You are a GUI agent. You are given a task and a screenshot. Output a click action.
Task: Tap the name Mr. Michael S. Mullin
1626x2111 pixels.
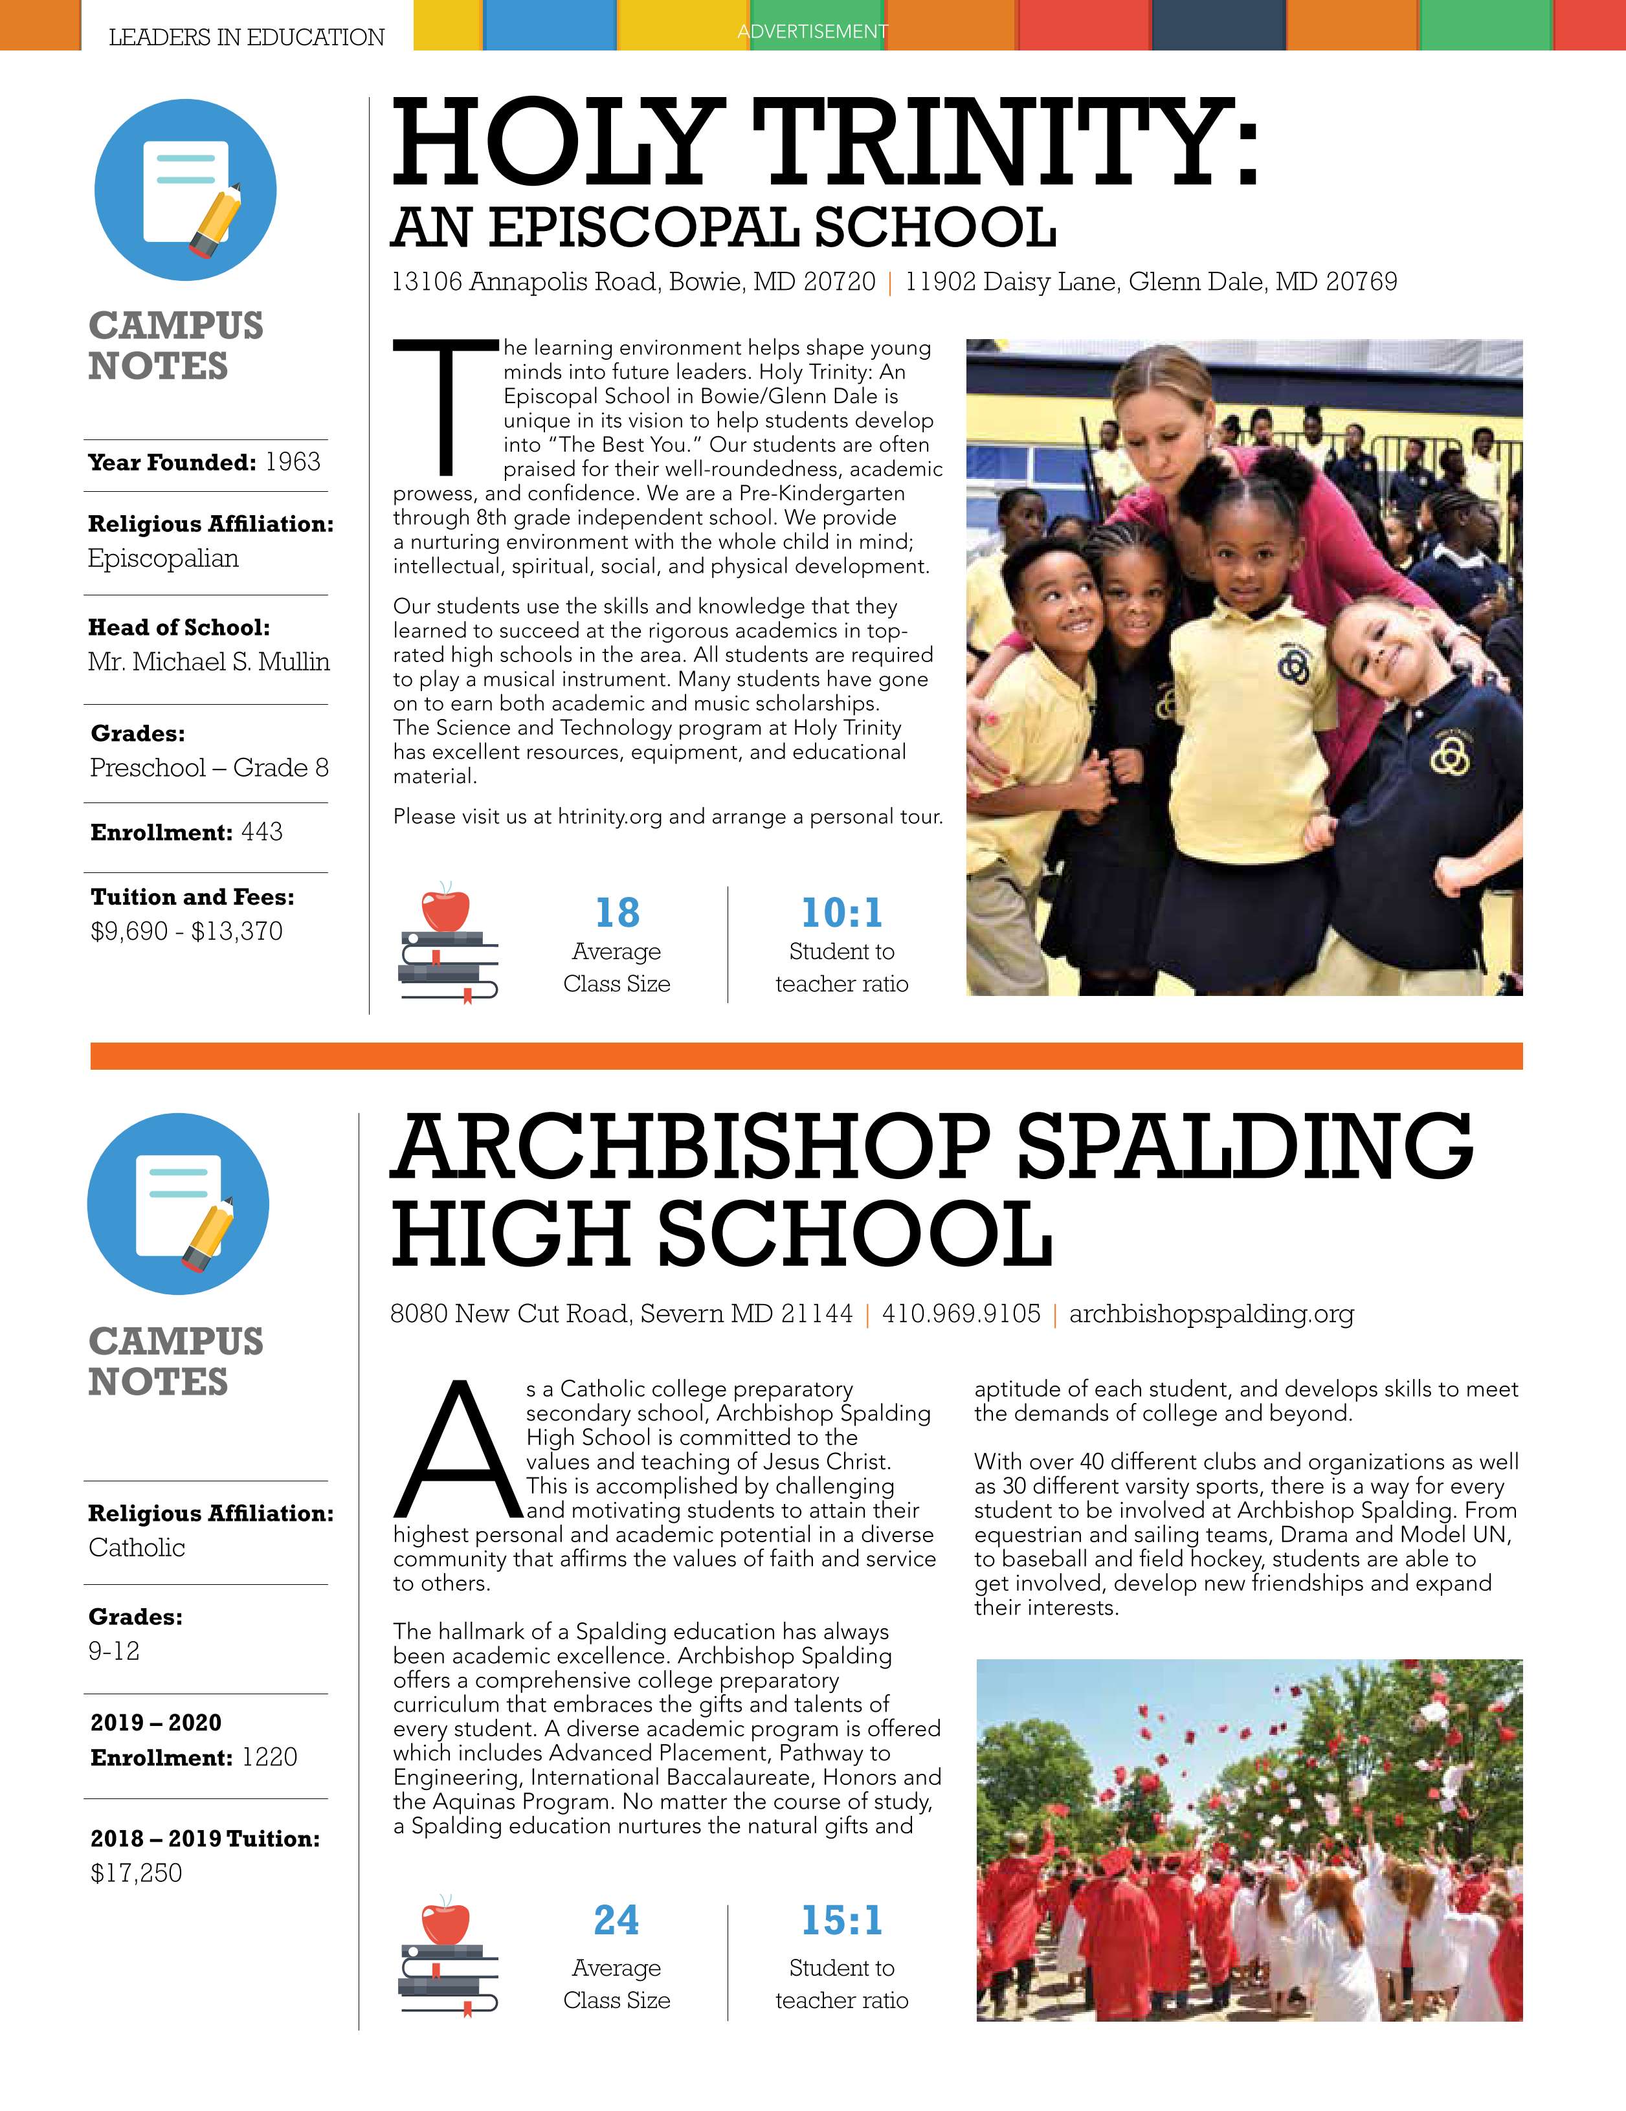tap(209, 661)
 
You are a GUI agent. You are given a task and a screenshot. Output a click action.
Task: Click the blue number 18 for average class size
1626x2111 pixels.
tap(617, 912)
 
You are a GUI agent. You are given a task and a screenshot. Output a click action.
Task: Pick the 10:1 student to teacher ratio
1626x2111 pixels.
tap(841, 912)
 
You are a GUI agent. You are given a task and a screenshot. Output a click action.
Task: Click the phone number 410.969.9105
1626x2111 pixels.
tap(961, 1314)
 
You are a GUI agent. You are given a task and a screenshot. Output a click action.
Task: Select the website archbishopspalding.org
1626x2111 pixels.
tap(1211, 1314)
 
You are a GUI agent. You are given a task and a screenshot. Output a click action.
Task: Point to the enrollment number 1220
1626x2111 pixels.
tap(270, 1756)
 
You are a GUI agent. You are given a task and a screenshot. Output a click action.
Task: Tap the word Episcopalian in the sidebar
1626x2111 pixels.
tap(163, 558)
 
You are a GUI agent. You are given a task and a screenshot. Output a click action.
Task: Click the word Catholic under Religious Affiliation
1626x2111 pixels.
tap(137, 1547)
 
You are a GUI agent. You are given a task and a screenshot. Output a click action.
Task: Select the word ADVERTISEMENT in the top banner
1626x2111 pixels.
tap(812, 32)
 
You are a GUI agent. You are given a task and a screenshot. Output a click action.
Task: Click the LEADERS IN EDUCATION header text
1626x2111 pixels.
tap(247, 37)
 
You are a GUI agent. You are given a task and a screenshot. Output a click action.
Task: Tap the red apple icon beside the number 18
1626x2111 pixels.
tap(445, 909)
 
